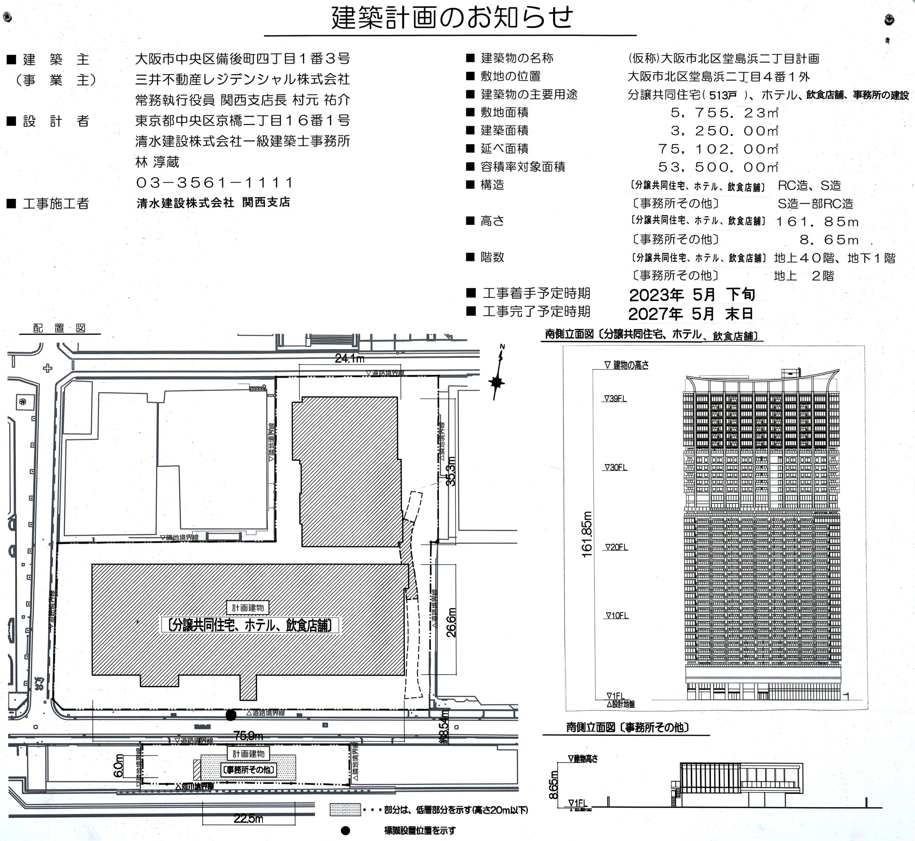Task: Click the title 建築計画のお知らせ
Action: [452, 18]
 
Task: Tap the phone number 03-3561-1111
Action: [214, 183]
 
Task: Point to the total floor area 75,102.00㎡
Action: [718, 149]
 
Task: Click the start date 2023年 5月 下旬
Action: [691, 295]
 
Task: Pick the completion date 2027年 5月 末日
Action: [690, 314]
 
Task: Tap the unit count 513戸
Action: [723, 96]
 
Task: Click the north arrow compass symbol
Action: [497, 381]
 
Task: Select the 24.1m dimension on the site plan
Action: [350, 359]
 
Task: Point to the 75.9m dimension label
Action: [248, 736]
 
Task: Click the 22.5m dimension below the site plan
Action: [248, 819]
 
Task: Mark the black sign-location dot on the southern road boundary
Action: [231, 715]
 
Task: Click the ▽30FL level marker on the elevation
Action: [616, 468]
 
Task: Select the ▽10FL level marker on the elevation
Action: [617, 616]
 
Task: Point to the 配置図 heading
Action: [59, 328]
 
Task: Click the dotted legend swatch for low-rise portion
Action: [345, 809]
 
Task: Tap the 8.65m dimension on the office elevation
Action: [554, 785]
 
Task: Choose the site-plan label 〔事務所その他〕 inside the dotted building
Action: [248, 770]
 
